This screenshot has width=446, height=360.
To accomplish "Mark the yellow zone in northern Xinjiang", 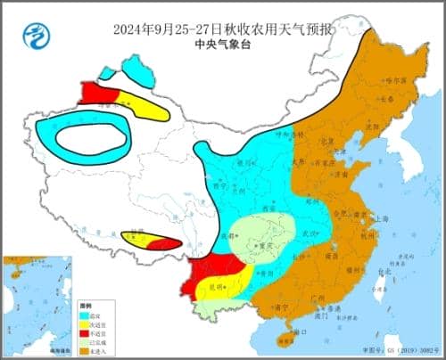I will [x=143, y=106].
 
